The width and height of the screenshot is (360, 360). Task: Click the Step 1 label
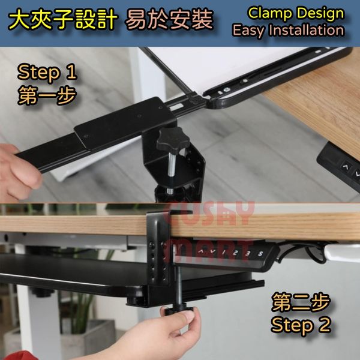[x=47, y=73]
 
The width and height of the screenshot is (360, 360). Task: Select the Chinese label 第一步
[x=47, y=96]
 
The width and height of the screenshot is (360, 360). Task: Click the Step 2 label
[x=301, y=325]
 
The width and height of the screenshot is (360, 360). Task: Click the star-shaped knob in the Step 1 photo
[x=173, y=139]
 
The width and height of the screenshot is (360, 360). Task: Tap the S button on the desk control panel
[x=260, y=254]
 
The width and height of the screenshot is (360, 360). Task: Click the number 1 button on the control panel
[x=224, y=253]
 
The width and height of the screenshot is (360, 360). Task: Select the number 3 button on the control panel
[x=247, y=253]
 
